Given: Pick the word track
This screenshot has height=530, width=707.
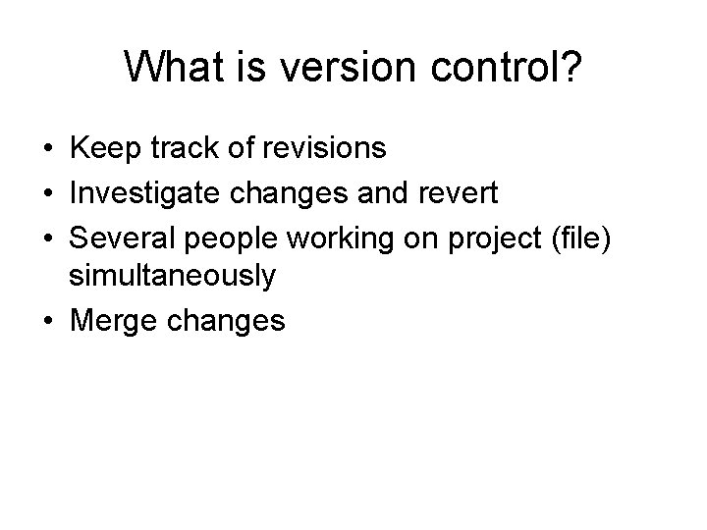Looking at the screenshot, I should (x=176, y=149).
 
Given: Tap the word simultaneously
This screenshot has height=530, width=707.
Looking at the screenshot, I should (x=172, y=278).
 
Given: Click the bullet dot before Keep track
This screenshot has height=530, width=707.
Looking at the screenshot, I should (x=47, y=150).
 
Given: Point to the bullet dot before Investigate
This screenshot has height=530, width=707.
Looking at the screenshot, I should (x=47, y=193).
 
